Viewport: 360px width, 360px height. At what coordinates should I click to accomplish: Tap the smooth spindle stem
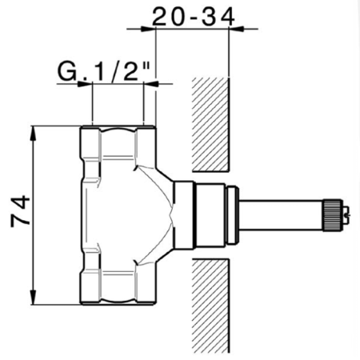click(x=280, y=214)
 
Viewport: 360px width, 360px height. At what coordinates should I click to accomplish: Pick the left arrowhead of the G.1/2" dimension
click(x=88, y=84)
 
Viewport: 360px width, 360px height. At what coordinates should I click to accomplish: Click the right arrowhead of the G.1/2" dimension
click(x=150, y=84)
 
